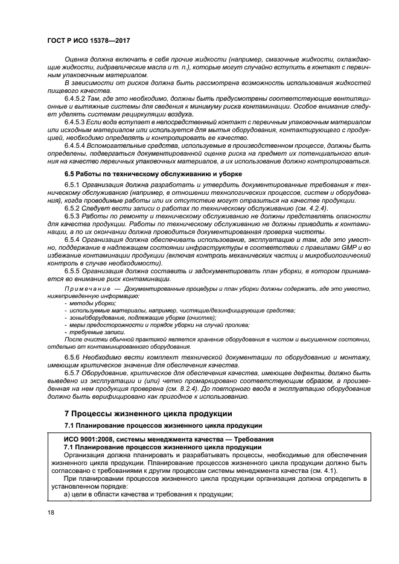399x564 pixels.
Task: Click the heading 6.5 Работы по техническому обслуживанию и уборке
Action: (147, 173)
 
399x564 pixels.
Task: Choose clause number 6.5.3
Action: (71, 216)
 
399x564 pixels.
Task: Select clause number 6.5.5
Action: (71, 271)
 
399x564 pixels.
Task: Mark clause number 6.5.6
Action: (71, 358)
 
